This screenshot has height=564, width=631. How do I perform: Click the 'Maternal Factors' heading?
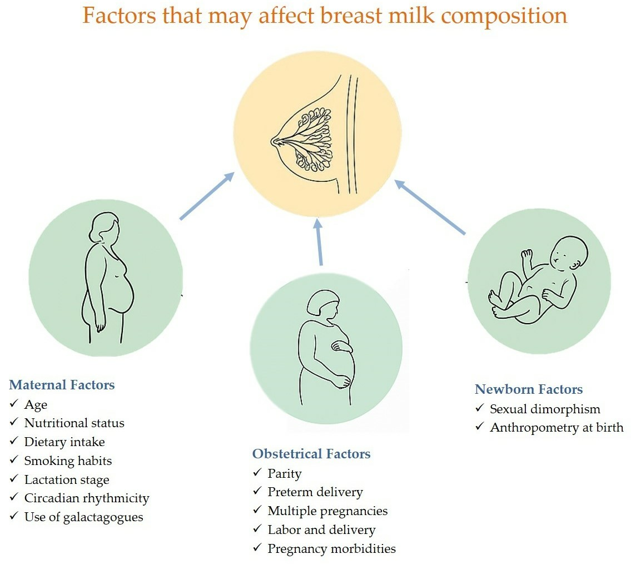(62, 385)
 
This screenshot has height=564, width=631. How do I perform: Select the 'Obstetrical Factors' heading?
(311, 454)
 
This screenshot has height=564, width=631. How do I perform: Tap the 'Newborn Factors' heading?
(529, 389)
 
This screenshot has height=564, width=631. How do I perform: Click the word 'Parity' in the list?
(285, 474)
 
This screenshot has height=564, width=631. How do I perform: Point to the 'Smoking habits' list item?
(68, 461)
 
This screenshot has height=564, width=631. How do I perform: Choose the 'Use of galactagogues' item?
(84, 517)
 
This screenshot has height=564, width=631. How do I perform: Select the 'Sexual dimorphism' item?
(545, 409)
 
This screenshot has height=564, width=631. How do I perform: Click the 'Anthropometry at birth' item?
(557, 428)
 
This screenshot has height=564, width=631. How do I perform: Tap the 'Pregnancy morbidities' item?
(331, 548)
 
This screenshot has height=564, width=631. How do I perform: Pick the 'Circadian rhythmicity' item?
(87, 498)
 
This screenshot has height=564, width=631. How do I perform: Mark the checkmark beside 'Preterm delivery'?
(257, 491)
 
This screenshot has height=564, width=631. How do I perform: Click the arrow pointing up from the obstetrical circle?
(319, 242)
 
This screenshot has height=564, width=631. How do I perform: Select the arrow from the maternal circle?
(207, 196)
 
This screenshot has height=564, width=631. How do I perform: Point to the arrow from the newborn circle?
(430, 207)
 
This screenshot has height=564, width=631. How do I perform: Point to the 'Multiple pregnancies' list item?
(327, 511)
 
